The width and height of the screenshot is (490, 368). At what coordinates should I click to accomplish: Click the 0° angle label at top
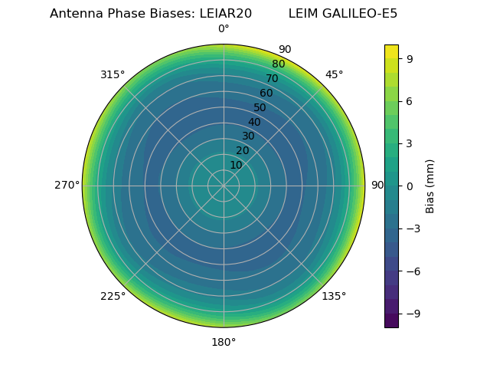pyautogui.click(x=224, y=29)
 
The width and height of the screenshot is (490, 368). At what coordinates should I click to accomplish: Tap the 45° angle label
pyautogui.click(x=334, y=74)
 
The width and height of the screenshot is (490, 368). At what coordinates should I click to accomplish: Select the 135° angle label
pyautogui.click(x=334, y=296)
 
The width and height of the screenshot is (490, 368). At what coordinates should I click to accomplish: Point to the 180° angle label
pyautogui.click(x=224, y=342)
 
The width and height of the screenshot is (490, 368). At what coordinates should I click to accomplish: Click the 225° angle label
pyautogui.click(x=113, y=296)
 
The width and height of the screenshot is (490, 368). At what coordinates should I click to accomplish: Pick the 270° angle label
pyautogui.click(x=67, y=185)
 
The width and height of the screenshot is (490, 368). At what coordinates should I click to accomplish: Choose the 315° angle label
pyautogui.click(x=113, y=74)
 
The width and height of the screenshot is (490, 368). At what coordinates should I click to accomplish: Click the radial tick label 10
pyautogui.click(x=236, y=165)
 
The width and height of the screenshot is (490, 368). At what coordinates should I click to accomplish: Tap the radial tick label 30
pyautogui.click(x=248, y=136)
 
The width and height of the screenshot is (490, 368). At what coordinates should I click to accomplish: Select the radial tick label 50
pyautogui.click(x=260, y=107)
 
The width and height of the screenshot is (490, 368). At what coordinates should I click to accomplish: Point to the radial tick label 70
pyautogui.click(x=272, y=79)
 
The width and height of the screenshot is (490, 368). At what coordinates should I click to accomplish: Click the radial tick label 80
pyautogui.click(x=278, y=64)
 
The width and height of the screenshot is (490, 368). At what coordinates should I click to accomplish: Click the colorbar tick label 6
pyautogui.click(x=410, y=100)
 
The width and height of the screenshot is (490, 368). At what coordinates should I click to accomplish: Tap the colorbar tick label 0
pyautogui.click(x=410, y=186)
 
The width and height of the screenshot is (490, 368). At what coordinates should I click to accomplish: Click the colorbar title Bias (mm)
pyautogui.click(x=430, y=186)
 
